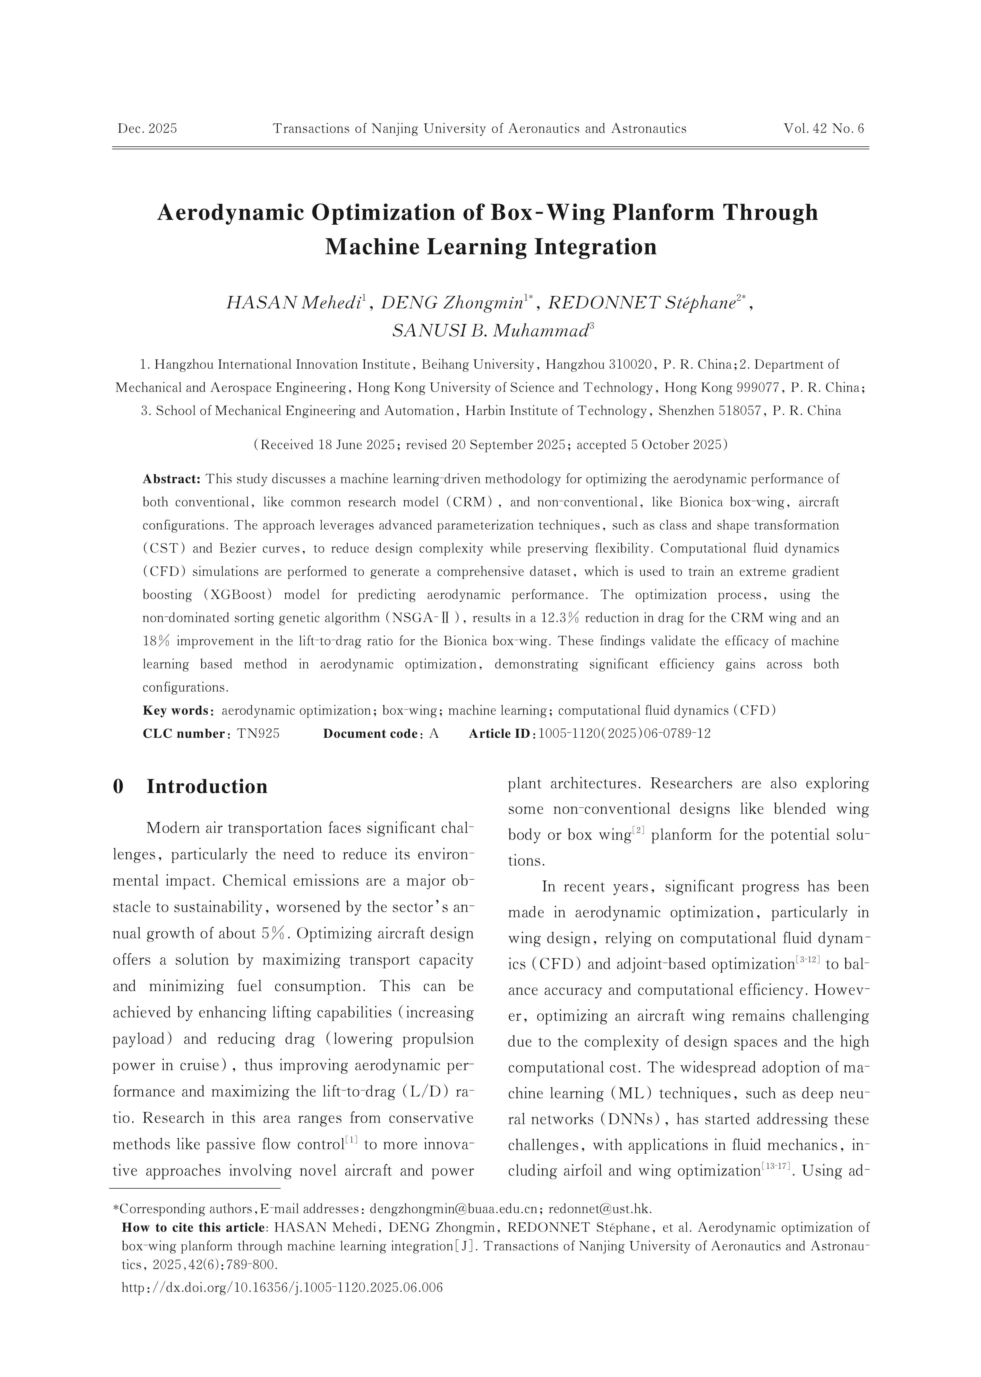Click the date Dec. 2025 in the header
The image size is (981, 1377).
tap(147, 129)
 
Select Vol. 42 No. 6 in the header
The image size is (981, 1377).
tap(824, 129)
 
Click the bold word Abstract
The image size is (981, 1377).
tap(171, 480)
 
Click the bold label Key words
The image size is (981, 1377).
tap(176, 711)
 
